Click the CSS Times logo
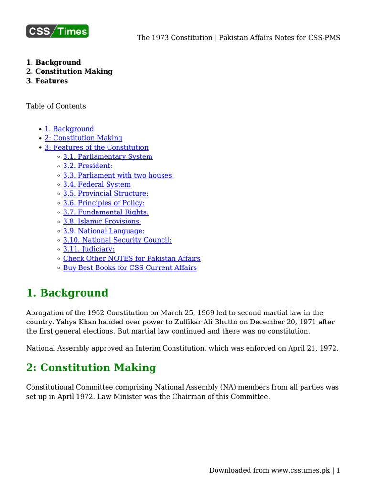pyautogui.click(x=57, y=32)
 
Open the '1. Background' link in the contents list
pyautogui.click(x=69, y=129)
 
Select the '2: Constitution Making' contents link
pyautogui.click(x=84, y=138)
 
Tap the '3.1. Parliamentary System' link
pyautogui.click(x=108, y=156)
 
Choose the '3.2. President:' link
pyautogui.click(x=87, y=166)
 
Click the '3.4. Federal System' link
pyautogui.click(x=97, y=184)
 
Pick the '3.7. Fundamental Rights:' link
pyautogui.click(x=106, y=212)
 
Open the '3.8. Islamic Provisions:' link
pyautogui.click(x=102, y=221)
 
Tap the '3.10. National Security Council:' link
pyautogui.click(x=117, y=240)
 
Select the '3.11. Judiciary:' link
pyautogui.click(x=88, y=249)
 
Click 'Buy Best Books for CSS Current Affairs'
pyautogui.click(x=130, y=268)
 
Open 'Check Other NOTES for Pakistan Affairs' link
pyautogui.click(x=131, y=258)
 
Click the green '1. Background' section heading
pyautogui.click(x=67, y=293)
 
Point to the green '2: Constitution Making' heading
pyautogui.click(x=91, y=367)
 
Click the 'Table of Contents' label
pyautogui.click(x=56, y=106)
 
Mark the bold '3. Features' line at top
pyautogui.click(x=47, y=81)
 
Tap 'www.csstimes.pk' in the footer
pyautogui.click(x=301, y=470)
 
